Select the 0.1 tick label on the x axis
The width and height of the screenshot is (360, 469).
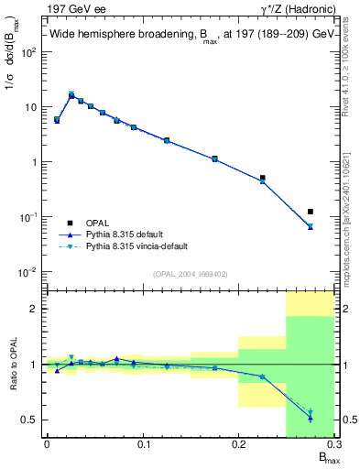(143, 444)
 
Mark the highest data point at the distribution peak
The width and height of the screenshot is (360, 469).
(71, 94)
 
